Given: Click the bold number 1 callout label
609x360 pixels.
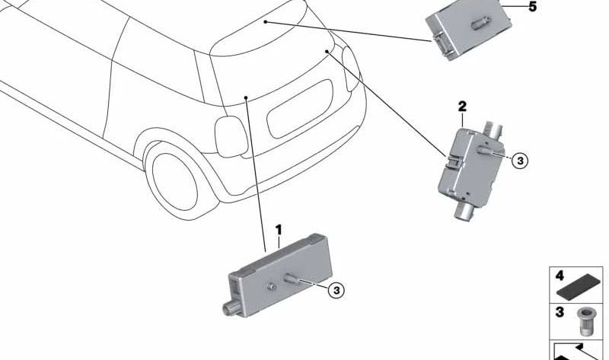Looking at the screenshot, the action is [x=279, y=230].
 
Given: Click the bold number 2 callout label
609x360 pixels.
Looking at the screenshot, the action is [x=462, y=106].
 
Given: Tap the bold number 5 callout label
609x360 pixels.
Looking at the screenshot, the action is [x=532, y=7].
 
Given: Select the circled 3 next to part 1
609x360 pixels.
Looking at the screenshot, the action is [x=336, y=290].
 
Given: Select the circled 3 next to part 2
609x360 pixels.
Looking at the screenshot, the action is [x=520, y=160].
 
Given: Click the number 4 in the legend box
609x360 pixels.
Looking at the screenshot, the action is [x=560, y=276].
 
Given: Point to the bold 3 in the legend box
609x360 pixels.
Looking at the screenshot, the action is [x=560, y=312].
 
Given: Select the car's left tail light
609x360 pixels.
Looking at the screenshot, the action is [x=231, y=136].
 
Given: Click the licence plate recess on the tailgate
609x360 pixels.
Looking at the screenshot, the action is [x=300, y=109].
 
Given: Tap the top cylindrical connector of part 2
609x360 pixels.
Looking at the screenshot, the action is [x=492, y=129].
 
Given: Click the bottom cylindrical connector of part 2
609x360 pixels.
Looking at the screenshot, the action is [x=464, y=212].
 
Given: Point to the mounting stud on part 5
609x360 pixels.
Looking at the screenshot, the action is [x=481, y=23].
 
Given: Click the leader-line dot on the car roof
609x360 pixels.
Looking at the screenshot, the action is [x=265, y=22].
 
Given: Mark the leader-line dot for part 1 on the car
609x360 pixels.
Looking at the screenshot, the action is [x=246, y=97].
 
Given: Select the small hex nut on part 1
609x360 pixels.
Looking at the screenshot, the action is [x=271, y=287].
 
